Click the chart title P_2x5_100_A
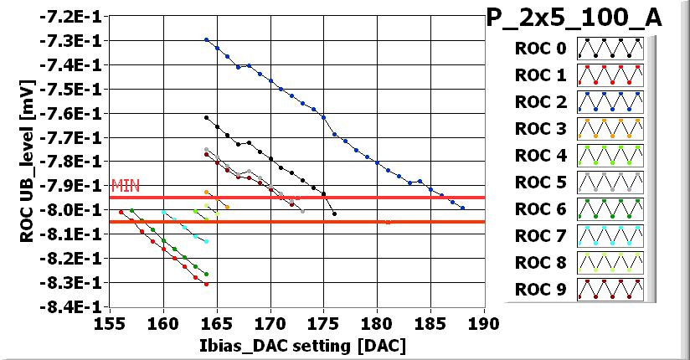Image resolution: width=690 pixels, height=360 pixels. (574, 18)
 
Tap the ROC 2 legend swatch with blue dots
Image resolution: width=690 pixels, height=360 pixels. (609, 102)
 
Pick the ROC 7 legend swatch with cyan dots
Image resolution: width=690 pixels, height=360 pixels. (609, 236)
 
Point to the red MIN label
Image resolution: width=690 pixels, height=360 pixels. (122, 186)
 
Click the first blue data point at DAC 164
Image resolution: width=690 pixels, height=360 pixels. (206, 39)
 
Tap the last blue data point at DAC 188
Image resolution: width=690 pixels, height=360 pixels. (462, 208)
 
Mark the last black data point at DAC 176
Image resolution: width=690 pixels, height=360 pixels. (334, 214)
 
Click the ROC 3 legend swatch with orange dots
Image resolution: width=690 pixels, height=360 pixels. (609, 129)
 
